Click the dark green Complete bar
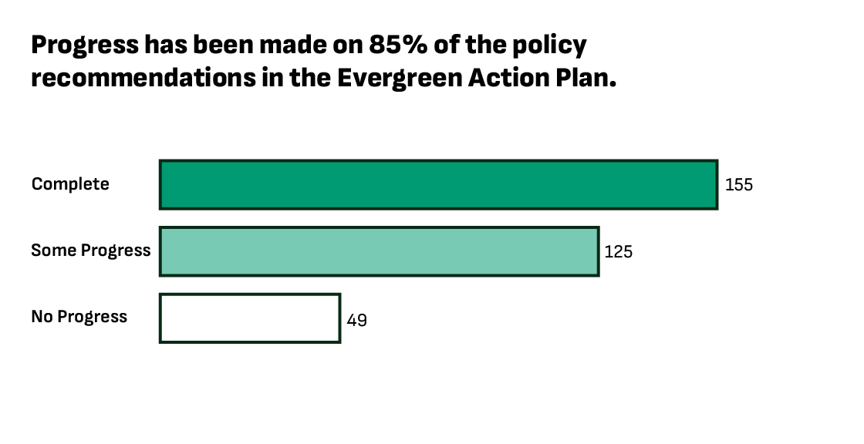coord(438,185)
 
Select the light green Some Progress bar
coord(379,251)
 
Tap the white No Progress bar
coord(249,318)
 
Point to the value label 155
coord(738,185)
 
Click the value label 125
coord(619,251)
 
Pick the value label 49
coord(356,319)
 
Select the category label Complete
coord(70,184)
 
